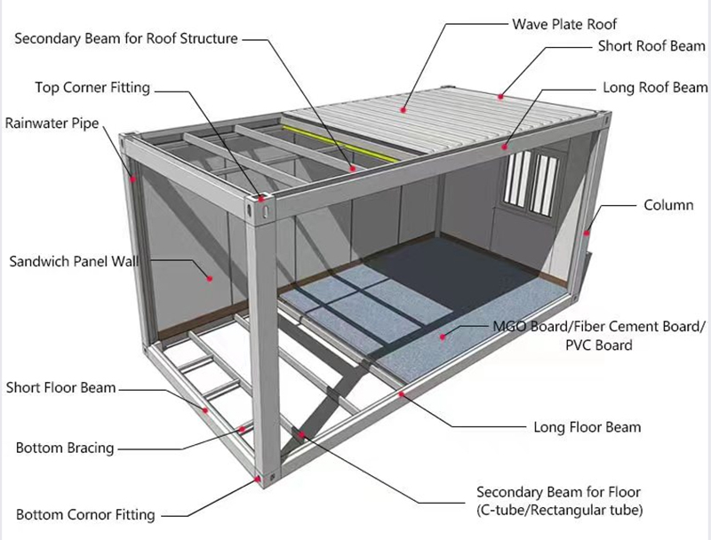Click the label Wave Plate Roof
pyautogui.click(x=563, y=24)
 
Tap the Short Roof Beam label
pyautogui.click(x=651, y=45)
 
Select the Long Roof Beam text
pyautogui.click(x=655, y=88)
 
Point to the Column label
pyautogui.click(x=667, y=205)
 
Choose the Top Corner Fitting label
pyautogui.click(x=92, y=87)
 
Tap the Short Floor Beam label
pyautogui.click(x=60, y=387)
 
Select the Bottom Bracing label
pyautogui.click(x=65, y=448)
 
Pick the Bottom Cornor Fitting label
pyautogui.click(x=85, y=514)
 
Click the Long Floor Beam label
pyautogui.click(x=587, y=427)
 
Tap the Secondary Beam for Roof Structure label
pyautogui.click(x=125, y=39)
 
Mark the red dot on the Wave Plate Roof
pyautogui.click(x=403, y=110)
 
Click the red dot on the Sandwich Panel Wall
pyautogui.click(x=211, y=278)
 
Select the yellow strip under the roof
pyautogui.click(x=342, y=142)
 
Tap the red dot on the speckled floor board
pyautogui.click(x=445, y=336)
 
